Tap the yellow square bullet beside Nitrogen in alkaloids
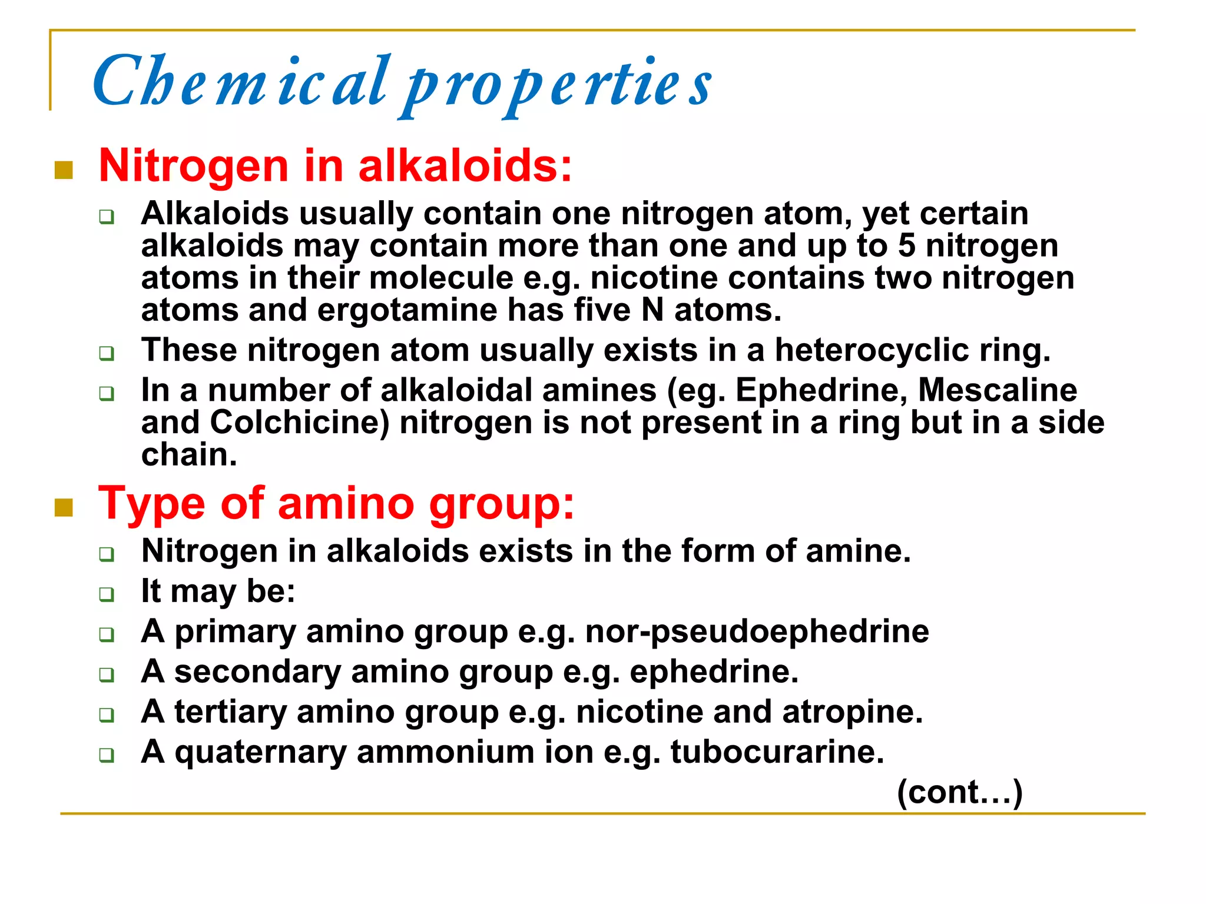pos(64,170)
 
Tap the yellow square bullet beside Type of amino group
pos(64,507)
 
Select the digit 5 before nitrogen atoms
pos(906,245)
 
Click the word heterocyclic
pos(872,350)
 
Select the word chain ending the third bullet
pos(188,455)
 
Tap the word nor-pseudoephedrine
pos(757,632)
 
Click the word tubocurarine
pos(777,752)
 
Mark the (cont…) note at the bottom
pos(959,792)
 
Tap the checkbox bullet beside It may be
pos(107,594)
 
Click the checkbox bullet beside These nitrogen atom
pos(107,354)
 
